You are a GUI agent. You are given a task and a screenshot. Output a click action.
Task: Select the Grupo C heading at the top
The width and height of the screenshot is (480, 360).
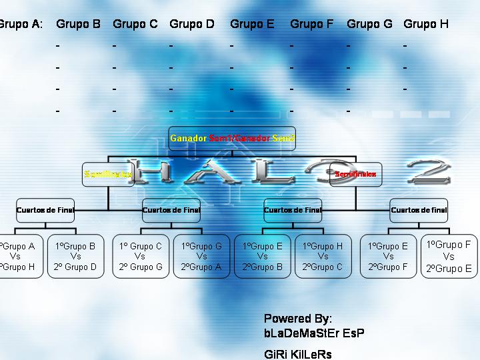coord(135,25)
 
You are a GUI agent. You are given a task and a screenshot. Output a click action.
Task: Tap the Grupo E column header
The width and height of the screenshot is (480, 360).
coord(252,25)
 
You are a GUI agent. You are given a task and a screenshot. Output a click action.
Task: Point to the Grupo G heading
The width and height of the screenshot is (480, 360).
coord(369,25)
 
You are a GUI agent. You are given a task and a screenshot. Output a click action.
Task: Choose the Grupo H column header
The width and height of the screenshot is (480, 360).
coord(426,25)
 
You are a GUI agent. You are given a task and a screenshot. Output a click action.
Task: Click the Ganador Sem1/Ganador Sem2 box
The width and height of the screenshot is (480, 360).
coord(232,139)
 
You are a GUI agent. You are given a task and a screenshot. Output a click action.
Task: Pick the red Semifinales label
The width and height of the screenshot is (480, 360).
coord(355,174)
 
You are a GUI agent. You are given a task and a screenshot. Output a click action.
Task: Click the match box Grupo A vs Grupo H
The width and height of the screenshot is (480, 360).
coord(19,257)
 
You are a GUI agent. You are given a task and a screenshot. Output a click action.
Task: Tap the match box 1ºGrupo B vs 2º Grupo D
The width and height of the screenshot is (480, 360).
coord(75,257)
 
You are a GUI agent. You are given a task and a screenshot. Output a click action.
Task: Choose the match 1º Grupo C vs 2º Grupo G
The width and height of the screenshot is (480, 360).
coord(140,257)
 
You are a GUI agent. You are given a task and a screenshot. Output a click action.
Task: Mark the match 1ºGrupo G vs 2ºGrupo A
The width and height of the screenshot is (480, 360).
coord(201,257)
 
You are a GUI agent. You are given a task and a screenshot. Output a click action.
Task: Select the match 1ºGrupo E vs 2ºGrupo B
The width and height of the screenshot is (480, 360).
coord(262,257)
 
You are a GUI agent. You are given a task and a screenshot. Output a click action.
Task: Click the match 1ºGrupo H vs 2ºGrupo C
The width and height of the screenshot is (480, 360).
coord(323,257)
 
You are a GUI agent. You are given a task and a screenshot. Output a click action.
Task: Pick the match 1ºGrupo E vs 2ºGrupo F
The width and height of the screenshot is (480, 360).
coord(388,257)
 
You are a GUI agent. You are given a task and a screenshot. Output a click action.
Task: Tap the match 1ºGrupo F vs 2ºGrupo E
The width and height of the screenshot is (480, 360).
coord(449,257)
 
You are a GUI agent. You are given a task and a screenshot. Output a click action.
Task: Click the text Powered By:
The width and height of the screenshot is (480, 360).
coord(297,319)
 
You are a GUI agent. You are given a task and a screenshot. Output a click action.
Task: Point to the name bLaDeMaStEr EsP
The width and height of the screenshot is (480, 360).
coord(314,333)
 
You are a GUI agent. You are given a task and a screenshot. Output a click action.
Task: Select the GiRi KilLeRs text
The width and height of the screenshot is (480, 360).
coord(298,354)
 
